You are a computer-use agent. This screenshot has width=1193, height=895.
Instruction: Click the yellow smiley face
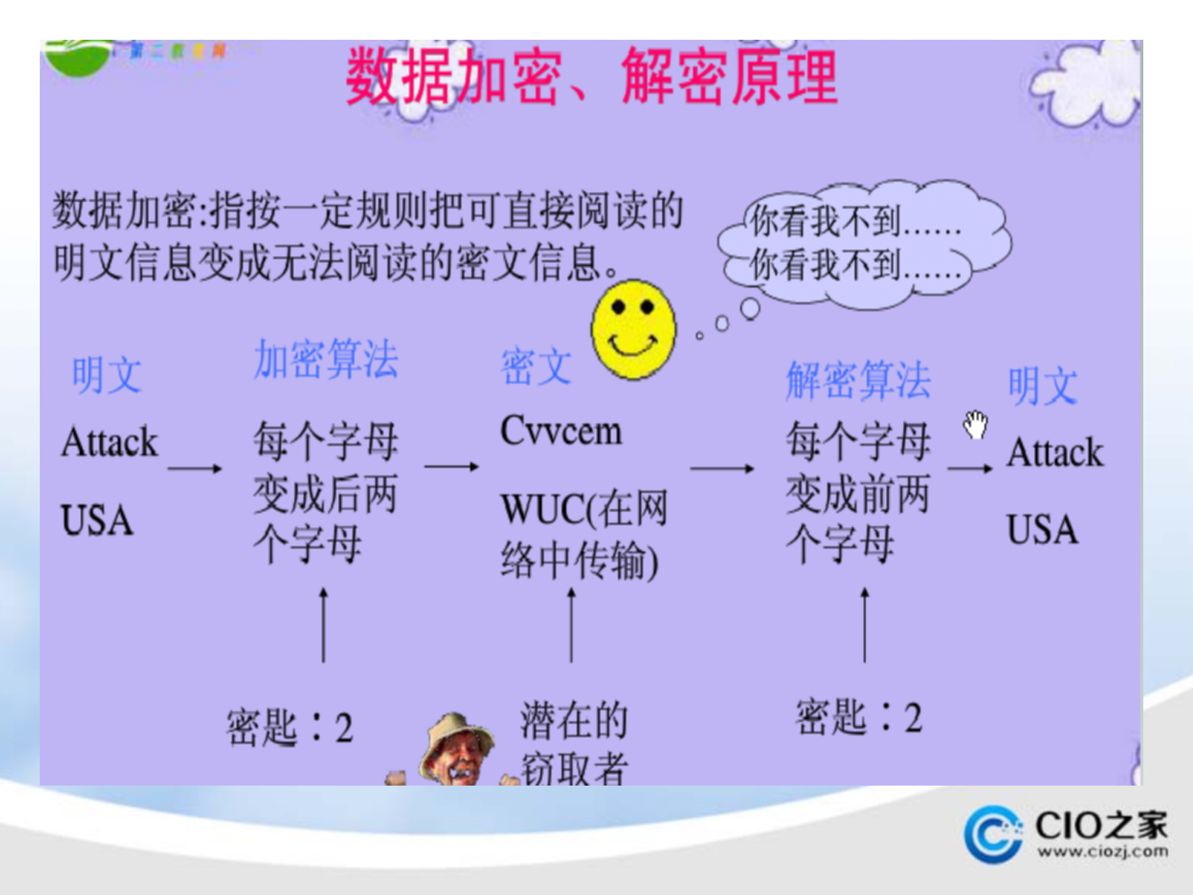tap(633, 329)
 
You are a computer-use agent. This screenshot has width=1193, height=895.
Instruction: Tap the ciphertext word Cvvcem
tap(560, 431)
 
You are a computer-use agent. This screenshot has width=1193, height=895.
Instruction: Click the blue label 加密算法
tap(326, 359)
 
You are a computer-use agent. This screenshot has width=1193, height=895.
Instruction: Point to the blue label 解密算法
tap(858, 380)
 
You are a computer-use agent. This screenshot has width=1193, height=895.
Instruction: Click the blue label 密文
tap(536, 367)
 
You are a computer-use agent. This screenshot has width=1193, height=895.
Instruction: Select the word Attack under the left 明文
tap(109, 442)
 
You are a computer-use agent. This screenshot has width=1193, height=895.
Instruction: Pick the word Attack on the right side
tap(1055, 452)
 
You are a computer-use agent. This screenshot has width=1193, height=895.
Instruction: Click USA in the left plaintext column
tap(97, 520)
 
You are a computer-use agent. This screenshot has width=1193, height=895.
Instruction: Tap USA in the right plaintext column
tap(1042, 530)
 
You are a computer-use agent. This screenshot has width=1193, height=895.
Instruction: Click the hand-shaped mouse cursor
tap(976, 425)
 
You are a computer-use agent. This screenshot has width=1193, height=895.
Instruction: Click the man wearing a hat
tap(457, 752)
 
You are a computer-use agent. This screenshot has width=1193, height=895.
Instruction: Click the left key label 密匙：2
tap(290, 727)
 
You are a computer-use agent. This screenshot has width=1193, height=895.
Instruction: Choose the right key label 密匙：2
tap(859, 717)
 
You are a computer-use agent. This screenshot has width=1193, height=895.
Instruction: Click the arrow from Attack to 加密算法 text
tap(194, 468)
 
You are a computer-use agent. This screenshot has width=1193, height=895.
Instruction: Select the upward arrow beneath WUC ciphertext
tap(572, 625)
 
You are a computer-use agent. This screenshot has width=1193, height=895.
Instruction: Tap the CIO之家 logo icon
tap(993, 834)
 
